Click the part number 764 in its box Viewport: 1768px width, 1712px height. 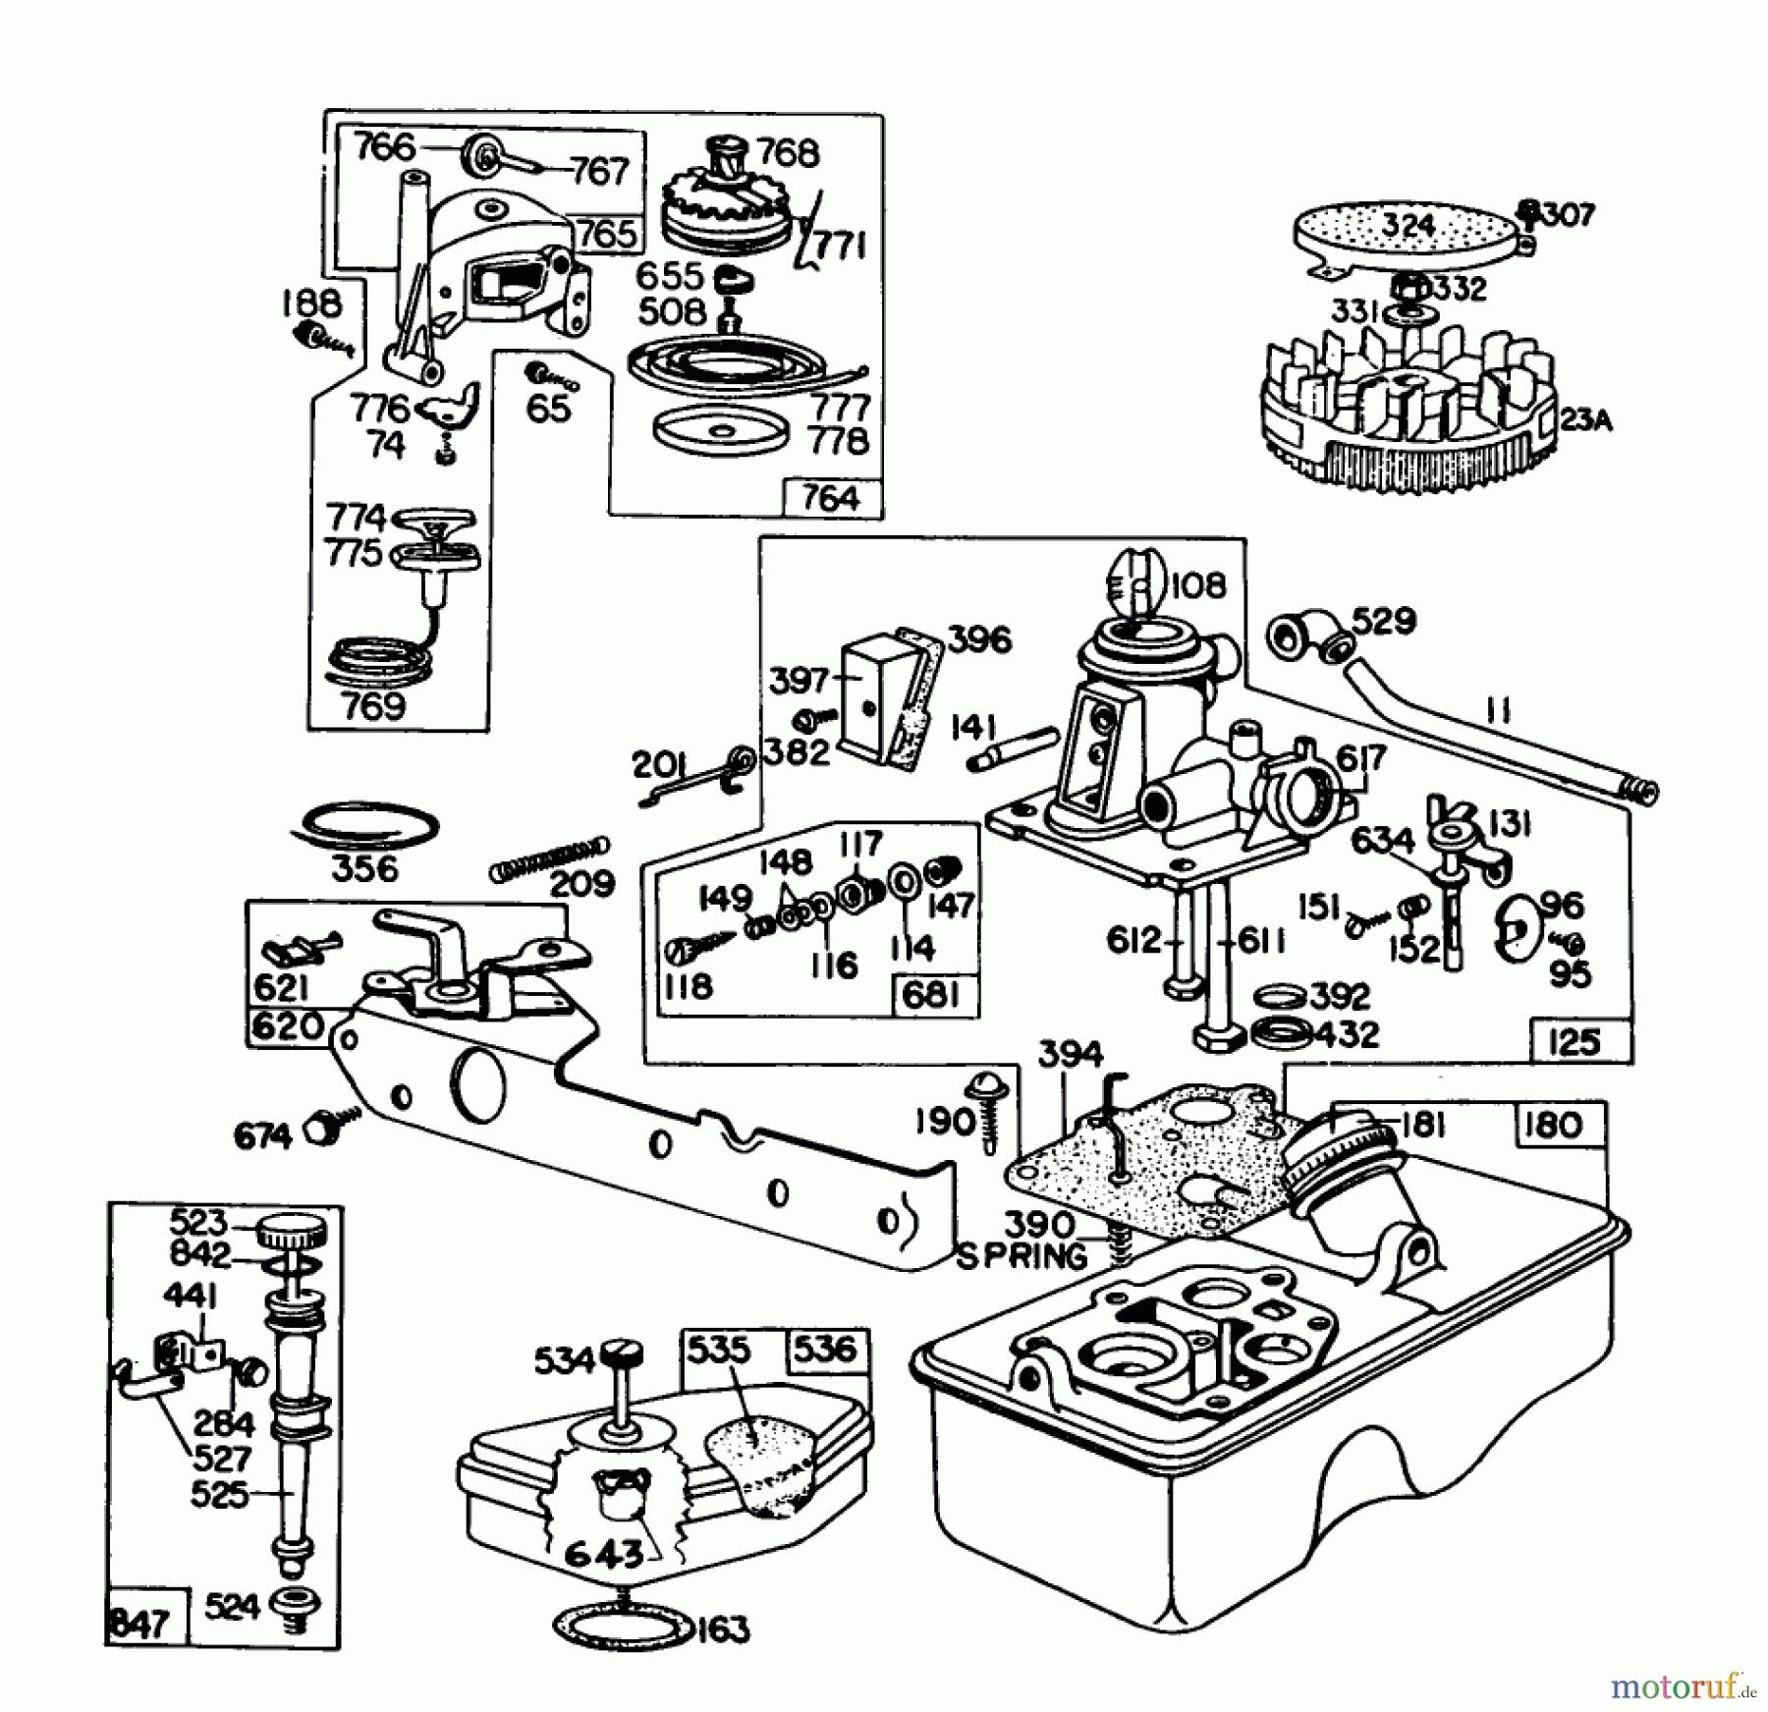coord(831,499)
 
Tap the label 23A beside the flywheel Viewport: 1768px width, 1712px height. coord(1585,420)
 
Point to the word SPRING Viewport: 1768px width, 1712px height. coord(1022,1256)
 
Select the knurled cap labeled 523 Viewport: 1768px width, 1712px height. coord(292,1232)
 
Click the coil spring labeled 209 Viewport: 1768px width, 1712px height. coord(549,857)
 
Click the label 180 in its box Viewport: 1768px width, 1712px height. coord(1553,1125)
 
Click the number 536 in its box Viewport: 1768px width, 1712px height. coord(826,1350)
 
